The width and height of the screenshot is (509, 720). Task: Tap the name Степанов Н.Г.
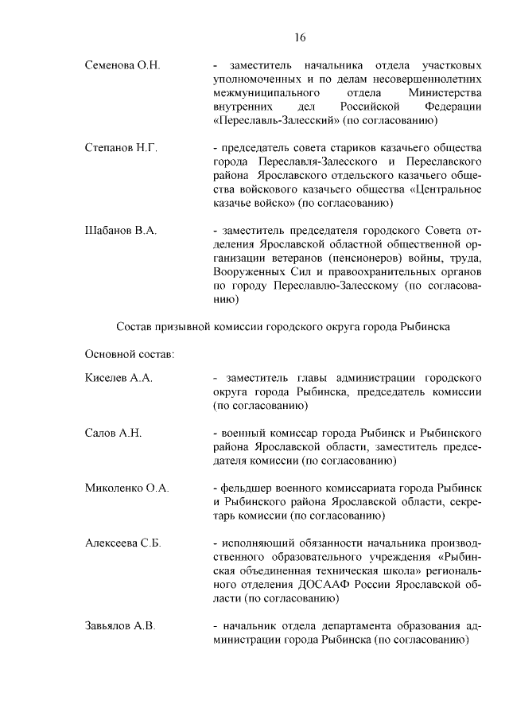coord(121,148)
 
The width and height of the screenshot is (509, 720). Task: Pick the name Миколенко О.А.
coord(126,488)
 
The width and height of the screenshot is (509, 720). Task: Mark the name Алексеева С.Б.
coord(123,543)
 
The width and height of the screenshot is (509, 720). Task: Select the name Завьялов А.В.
coord(119,625)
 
